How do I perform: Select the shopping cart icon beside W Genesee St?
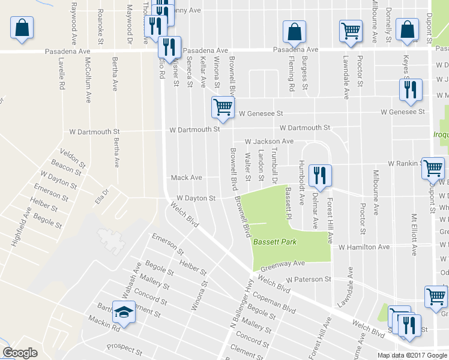[x=222, y=107]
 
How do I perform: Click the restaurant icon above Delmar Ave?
[x=319, y=175]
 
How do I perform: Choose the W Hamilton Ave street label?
[x=364, y=247]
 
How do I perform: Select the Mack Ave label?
[x=186, y=178]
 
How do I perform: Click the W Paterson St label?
[x=309, y=279]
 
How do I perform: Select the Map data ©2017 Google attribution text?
[x=411, y=355]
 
